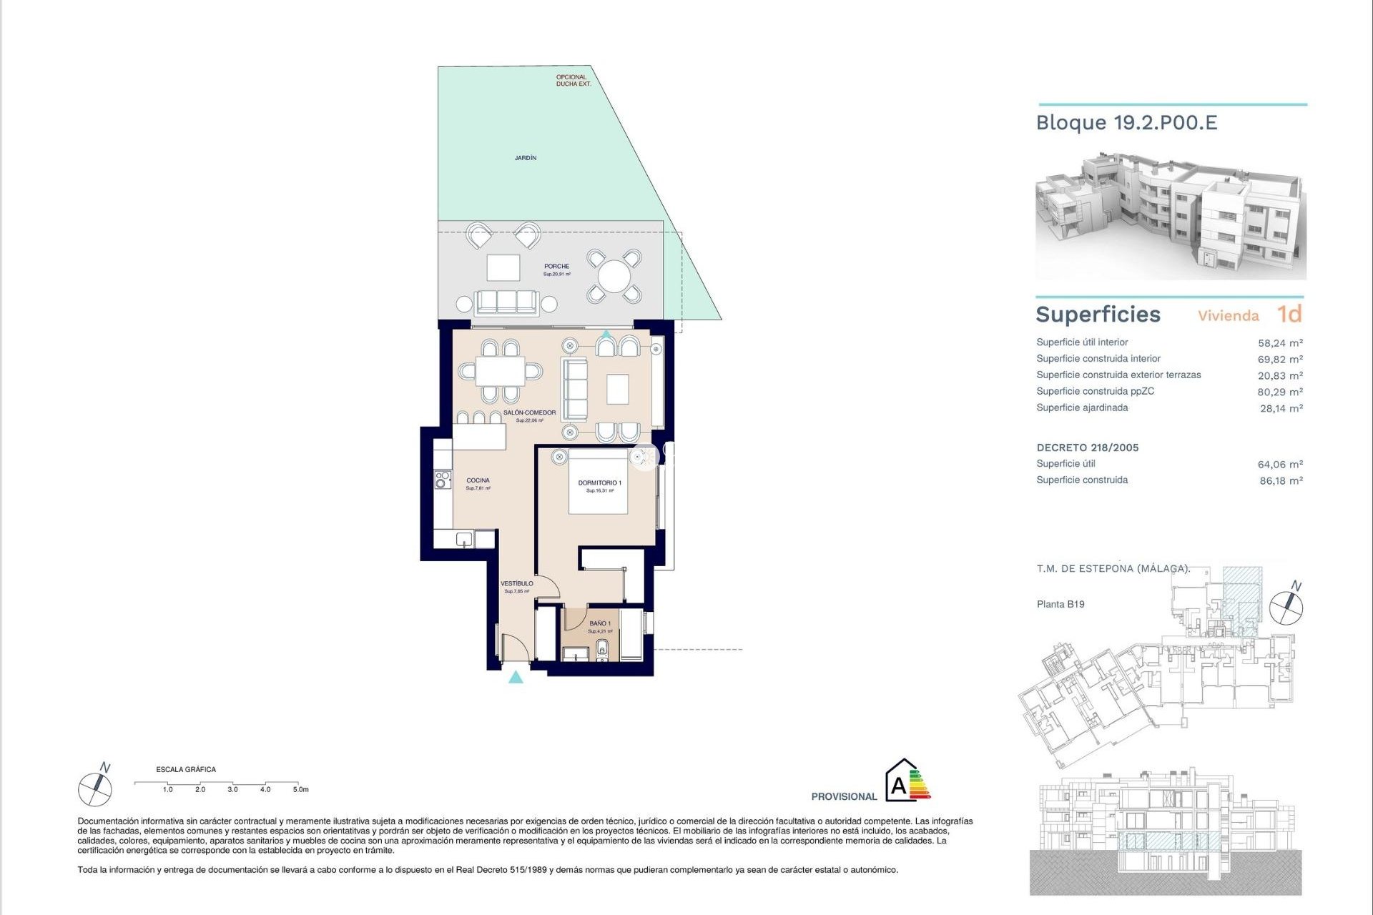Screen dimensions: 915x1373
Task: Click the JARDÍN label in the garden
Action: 525,158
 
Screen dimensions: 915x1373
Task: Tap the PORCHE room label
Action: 556,267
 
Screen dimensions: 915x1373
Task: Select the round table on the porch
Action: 614,276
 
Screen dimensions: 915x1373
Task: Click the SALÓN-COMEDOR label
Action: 529,413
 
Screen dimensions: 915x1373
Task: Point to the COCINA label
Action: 478,480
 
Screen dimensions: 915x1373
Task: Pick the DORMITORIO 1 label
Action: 599,483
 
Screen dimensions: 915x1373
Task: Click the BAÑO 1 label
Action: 599,623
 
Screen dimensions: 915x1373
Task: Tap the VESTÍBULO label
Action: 516,584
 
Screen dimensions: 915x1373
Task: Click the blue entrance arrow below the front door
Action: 516,677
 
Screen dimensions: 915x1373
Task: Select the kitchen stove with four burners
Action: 443,480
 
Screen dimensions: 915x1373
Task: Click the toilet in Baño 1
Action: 602,650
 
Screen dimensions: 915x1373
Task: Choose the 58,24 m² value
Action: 1279,343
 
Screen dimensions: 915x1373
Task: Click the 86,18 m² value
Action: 1280,481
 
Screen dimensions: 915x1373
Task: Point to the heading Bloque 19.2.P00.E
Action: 1126,123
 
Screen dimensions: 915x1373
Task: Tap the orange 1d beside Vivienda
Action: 1289,315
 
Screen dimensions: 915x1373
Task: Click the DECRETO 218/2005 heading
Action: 1087,447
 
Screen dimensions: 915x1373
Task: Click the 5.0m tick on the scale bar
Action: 300,789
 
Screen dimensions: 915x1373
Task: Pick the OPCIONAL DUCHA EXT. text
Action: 573,80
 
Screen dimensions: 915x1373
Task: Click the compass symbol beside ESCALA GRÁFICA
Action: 95,788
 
